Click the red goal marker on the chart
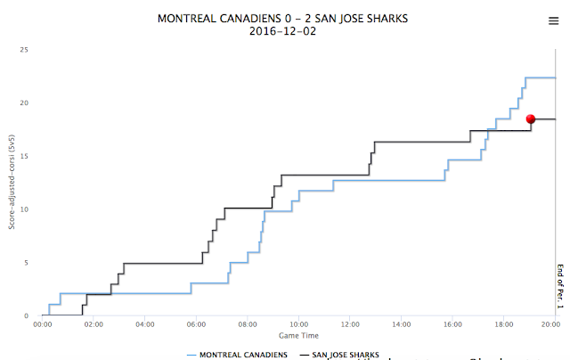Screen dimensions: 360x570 [x=531, y=119]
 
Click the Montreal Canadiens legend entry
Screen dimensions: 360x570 [x=237, y=355]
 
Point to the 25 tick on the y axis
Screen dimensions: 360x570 [x=26, y=50]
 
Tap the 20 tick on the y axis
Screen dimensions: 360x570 [x=26, y=103]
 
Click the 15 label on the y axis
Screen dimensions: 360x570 [x=26, y=156]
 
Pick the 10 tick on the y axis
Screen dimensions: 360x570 [x=26, y=209]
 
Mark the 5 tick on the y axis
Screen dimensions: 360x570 [x=28, y=263]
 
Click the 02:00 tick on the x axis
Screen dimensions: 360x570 [x=94, y=324]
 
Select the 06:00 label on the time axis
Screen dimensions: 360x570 [x=196, y=324]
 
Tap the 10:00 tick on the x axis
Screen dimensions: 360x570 [x=298, y=324]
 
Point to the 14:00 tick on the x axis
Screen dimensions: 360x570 [x=402, y=324]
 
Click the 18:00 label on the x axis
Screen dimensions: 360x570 [x=504, y=324]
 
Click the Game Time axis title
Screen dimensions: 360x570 [x=298, y=336]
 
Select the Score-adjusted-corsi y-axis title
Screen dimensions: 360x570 [x=12, y=183]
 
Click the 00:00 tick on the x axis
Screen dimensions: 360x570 [x=43, y=324]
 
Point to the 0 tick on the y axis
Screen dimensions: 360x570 [x=28, y=315]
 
